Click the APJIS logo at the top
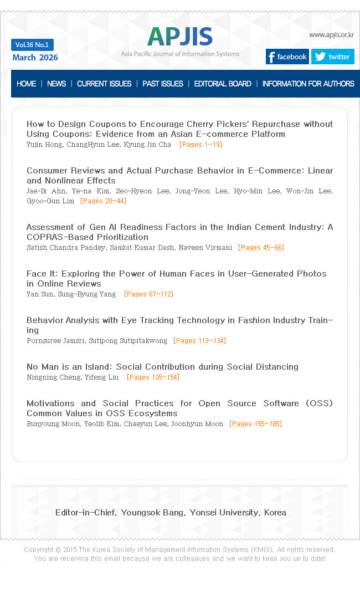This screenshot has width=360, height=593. click(180, 37)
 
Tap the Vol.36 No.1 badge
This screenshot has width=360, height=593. click(32, 45)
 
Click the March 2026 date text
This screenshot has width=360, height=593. click(35, 58)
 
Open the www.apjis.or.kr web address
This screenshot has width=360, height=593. click(331, 35)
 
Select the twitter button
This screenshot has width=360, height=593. click(332, 57)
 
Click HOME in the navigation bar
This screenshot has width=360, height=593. click(26, 84)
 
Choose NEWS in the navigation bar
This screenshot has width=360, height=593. click(56, 84)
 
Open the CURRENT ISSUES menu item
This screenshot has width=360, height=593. click(104, 84)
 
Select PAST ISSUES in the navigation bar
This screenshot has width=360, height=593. click(163, 84)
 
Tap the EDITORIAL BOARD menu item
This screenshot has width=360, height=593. click(223, 84)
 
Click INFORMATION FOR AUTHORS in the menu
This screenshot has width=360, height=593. click(308, 84)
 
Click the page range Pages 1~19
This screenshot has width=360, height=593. click(200, 145)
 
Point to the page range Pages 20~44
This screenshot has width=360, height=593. click(103, 201)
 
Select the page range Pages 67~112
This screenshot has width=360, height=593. click(148, 294)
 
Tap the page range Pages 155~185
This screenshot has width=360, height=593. click(255, 424)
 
